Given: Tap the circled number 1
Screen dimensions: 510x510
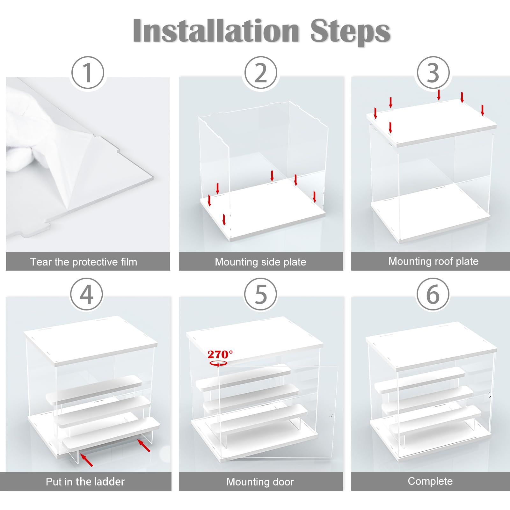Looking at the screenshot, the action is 88,73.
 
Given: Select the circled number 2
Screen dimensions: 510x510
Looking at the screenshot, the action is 261,73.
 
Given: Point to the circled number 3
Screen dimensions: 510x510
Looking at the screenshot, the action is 433,73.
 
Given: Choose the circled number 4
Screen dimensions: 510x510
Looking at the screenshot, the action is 86,294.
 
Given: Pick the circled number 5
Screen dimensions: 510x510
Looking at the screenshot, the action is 261,294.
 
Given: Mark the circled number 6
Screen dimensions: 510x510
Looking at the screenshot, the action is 433,294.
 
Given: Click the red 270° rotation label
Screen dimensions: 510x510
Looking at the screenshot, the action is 220,354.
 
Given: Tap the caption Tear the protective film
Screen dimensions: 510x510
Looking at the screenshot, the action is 84,262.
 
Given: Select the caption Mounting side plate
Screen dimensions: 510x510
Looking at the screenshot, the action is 260,262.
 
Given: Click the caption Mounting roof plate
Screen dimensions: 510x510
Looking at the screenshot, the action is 433,261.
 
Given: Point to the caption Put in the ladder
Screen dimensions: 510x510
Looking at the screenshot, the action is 85,481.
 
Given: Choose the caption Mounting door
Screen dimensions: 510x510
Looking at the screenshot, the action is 260,482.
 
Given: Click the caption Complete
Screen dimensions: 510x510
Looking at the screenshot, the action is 430,481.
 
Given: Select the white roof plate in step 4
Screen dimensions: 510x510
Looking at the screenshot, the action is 91,340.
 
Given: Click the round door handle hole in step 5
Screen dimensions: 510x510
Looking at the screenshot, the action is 331,413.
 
